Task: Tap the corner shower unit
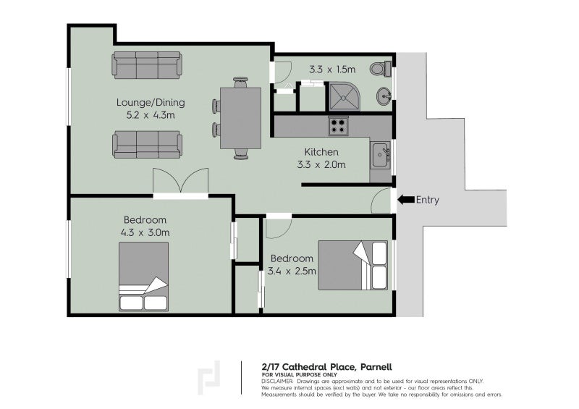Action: [x=342, y=96]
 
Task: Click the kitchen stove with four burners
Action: [x=339, y=127]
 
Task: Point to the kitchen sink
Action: [x=380, y=154]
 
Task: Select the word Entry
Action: [x=428, y=201]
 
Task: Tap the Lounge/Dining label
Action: [x=146, y=102]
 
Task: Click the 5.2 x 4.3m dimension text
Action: [x=146, y=114]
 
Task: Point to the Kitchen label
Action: [x=321, y=152]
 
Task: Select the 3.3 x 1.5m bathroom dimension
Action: [x=333, y=70]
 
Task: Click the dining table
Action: [x=240, y=117]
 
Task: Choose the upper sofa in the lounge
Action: [x=147, y=65]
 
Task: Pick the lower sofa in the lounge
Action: [x=147, y=144]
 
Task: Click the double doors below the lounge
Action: [x=181, y=182]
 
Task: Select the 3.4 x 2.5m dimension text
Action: [x=292, y=271]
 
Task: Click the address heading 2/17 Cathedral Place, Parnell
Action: [x=327, y=366]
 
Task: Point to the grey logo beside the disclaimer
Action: [x=210, y=377]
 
